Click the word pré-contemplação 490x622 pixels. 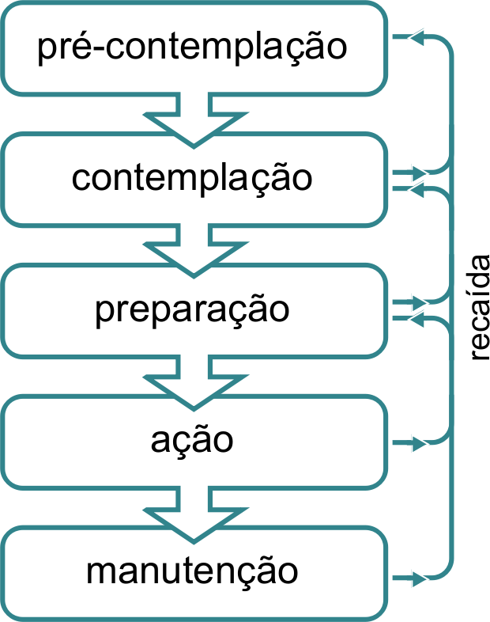[x=193, y=47]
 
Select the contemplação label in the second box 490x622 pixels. [x=192, y=178]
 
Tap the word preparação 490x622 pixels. [x=192, y=309]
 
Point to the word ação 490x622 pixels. [x=192, y=439]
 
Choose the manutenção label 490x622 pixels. [x=192, y=571]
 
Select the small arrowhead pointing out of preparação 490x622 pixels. [x=418, y=303]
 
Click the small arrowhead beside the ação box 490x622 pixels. [x=418, y=442]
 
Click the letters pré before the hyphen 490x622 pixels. [x=64, y=47]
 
